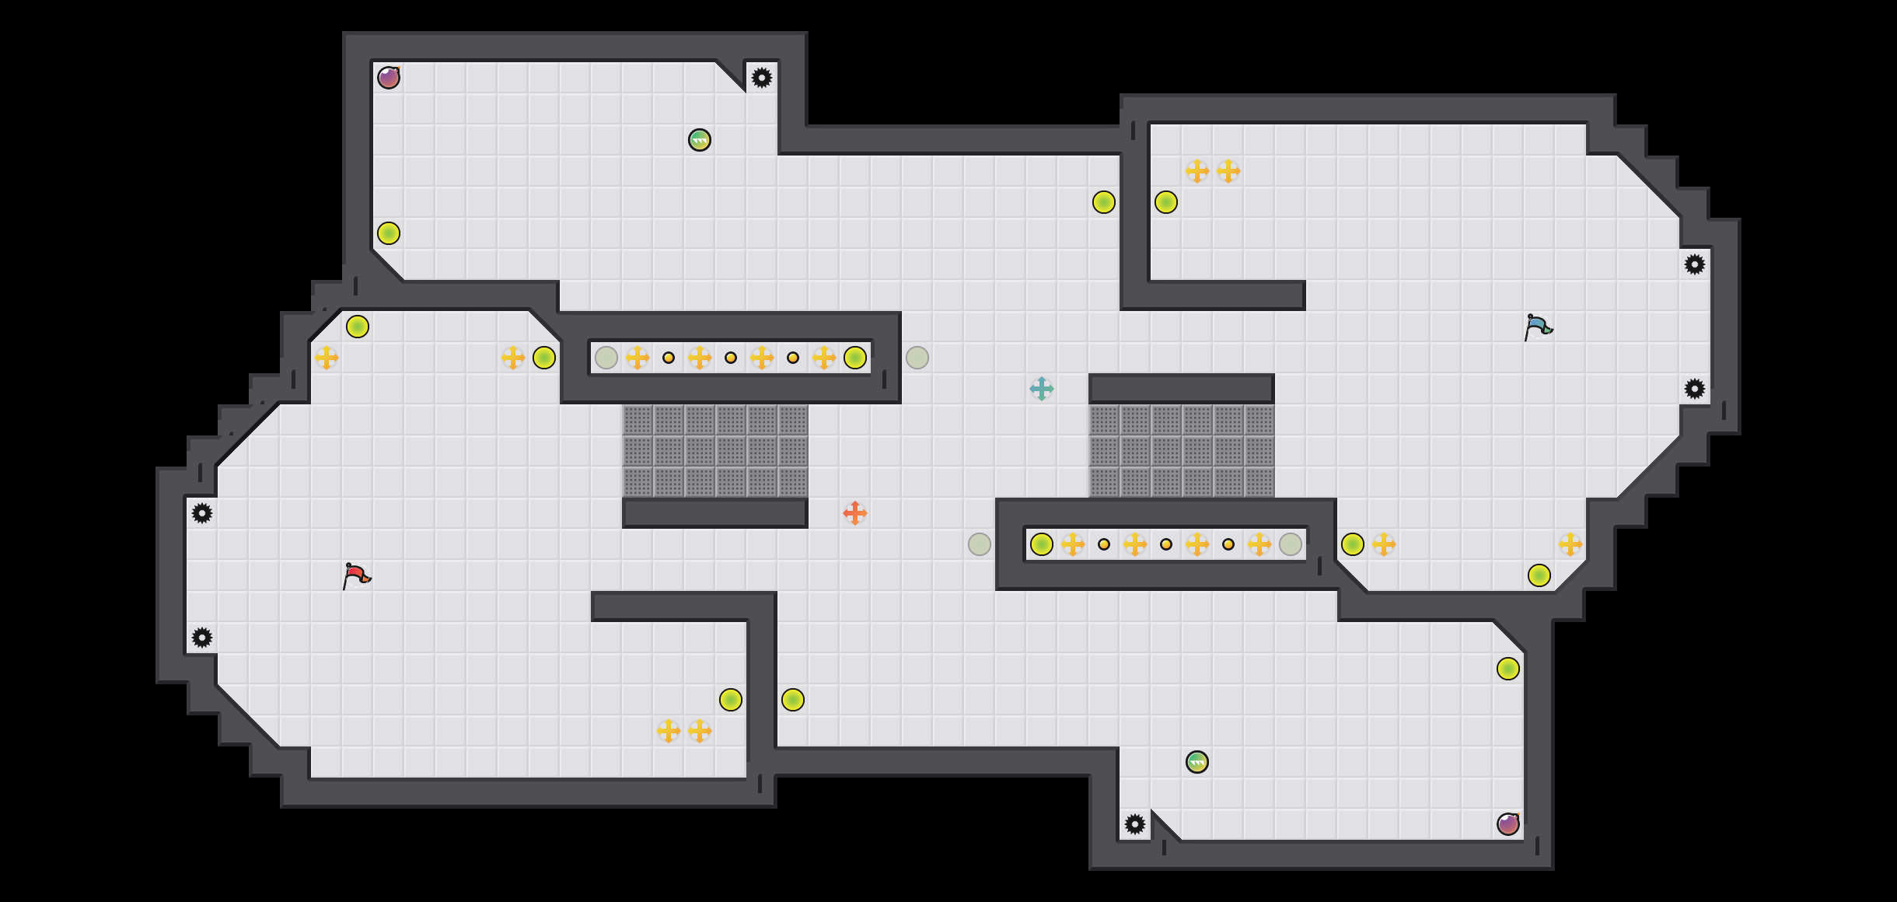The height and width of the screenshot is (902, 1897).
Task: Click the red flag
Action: click(x=356, y=575)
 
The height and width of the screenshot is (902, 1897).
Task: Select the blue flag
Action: click(x=1538, y=327)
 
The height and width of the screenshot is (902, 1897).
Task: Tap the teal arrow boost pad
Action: click(x=1042, y=389)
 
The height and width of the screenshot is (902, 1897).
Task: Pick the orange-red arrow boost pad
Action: click(x=855, y=513)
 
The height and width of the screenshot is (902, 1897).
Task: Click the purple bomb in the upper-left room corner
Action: click(x=389, y=78)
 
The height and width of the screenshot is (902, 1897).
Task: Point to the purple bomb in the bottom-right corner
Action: click(x=1508, y=824)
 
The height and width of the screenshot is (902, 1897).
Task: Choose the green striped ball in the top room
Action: click(x=700, y=140)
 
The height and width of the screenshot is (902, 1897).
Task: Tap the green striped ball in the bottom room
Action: click(x=1197, y=762)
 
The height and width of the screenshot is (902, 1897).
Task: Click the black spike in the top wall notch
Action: click(x=762, y=78)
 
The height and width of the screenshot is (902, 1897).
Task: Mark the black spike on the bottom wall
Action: click(x=1135, y=824)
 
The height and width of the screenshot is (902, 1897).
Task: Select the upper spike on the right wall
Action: click(x=1695, y=264)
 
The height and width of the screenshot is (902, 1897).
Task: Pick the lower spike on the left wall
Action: click(x=202, y=638)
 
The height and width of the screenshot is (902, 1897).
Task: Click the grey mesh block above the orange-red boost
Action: click(x=715, y=451)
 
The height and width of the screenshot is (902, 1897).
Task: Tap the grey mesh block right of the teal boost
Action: click(x=1182, y=451)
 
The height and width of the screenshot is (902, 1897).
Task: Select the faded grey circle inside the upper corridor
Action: click(x=606, y=358)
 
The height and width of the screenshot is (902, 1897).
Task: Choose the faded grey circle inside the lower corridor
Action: click(x=1291, y=544)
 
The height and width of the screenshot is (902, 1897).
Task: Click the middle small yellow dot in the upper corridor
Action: click(x=731, y=358)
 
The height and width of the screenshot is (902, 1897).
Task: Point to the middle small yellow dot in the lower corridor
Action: click(x=1166, y=544)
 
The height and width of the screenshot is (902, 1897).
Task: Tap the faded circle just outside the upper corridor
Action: click(x=917, y=358)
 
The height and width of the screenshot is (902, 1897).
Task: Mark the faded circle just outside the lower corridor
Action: click(x=980, y=544)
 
